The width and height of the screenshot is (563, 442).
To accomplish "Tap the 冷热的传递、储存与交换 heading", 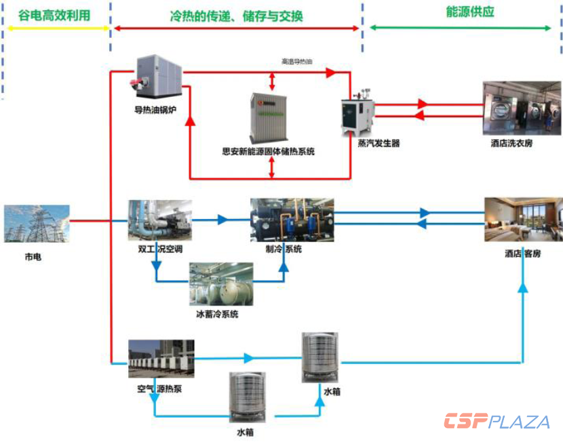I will pos(236,14).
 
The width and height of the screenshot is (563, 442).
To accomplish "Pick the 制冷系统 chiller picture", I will pos(292,220).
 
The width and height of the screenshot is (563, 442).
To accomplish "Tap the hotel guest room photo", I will pos(523,220).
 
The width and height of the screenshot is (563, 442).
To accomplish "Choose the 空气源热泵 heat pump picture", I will pos(161,359).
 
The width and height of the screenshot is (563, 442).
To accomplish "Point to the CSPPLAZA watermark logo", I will pos(497,422).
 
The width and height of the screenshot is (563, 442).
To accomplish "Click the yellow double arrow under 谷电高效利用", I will pos(56,28).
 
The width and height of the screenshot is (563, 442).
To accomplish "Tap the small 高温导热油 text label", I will pos(298,62).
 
